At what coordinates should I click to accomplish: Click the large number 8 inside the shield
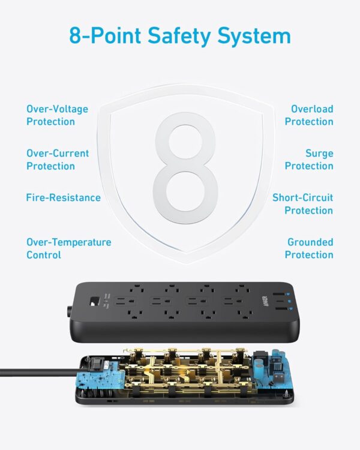pyautogui.click(x=185, y=167)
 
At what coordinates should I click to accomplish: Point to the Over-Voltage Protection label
pyautogui.click(x=57, y=115)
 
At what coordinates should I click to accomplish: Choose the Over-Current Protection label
pyautogui.click(x=58, y=160)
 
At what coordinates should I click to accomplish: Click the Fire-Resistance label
pyautogui.click(x=63, y=197)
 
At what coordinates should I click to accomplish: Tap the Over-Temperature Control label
pyautogui.click(x=68, y=248)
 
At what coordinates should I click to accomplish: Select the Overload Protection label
pyautogui.click(x=308, y=115)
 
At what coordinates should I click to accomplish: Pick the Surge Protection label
pyautogui.click(x=308, y=160)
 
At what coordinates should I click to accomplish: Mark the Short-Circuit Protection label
pyautogui.click(x=302, y=204)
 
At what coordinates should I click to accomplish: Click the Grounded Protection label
pyautogui.click(x=308, y=248)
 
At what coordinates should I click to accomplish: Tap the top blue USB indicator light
pyautogui.click(x=287, y=294)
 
